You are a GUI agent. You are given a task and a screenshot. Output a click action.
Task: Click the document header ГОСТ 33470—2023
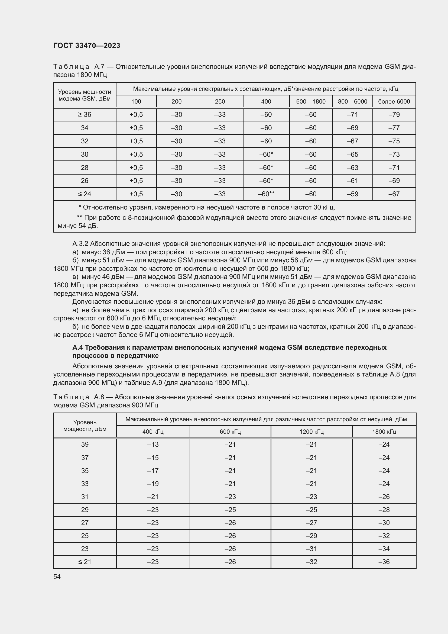pos(87,46)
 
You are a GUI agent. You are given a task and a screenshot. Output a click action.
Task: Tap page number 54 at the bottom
pos(57,577)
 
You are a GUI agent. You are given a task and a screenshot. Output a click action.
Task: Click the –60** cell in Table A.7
pos(266,194)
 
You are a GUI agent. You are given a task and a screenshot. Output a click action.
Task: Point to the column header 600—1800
pos(311,102)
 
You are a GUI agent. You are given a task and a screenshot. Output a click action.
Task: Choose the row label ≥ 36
pos(85,115)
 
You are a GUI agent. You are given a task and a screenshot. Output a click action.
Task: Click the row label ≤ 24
pos(85,194)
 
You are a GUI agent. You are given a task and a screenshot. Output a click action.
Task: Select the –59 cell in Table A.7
pos(352,194)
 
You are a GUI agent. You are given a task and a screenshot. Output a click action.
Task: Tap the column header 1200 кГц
pos(311,432)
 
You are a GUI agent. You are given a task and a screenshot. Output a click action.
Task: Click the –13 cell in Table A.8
pos(153,445)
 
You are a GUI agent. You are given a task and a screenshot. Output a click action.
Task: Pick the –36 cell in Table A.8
pos(384,562)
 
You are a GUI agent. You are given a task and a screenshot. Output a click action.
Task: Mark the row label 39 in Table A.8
pos(85,445)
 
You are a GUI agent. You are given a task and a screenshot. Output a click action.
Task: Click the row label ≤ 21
pos(85,562)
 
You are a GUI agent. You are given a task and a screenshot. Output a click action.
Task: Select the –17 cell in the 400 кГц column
pos(153,471)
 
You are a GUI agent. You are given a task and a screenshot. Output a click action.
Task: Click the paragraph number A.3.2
pos(80,244)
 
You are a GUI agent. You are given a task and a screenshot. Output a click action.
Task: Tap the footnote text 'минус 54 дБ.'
pos(78,226)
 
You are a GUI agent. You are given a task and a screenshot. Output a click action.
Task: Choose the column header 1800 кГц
pos(384,432)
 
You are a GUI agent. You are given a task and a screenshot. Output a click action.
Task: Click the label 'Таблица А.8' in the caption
pos(78,397)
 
